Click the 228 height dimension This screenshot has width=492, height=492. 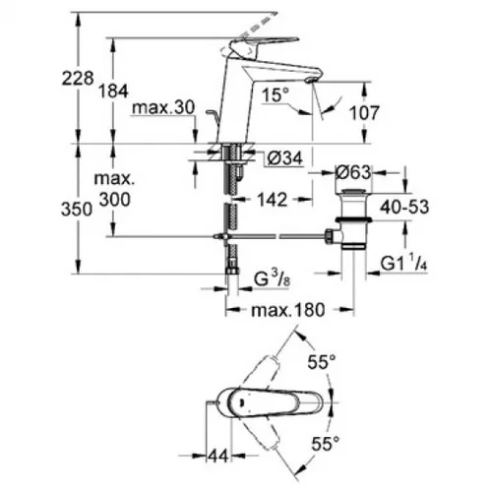tap(78, 79)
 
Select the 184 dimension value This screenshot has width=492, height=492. tap(113, 91)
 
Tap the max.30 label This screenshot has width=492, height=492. tap(163, 107)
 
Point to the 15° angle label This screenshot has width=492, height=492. tap(276, 95)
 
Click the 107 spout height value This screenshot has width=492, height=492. tap(364, 113)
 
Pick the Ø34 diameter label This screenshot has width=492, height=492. tap(284, 158)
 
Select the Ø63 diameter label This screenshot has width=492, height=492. tap(353, 172)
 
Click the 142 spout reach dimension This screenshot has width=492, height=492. tap(272, 200)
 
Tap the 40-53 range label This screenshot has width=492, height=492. tap(404, 207)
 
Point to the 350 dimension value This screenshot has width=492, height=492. tap(77, 209)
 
